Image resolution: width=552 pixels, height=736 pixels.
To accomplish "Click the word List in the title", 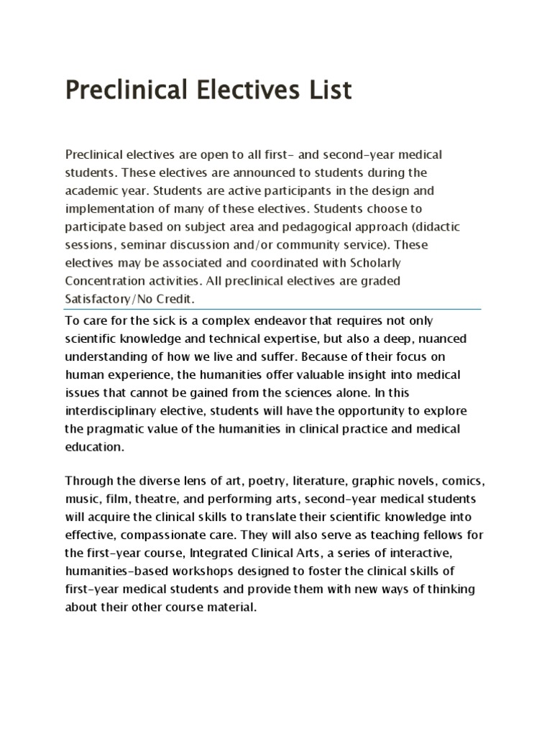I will (x=326, y=92).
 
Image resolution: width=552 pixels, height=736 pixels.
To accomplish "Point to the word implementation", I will (x=110, y=210).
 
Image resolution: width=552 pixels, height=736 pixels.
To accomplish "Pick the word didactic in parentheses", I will (x=435, y=228).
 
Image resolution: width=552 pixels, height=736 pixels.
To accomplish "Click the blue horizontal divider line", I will (x=273, y=309).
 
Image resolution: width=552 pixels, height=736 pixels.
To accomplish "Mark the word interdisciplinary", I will (x=110, y=410).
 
